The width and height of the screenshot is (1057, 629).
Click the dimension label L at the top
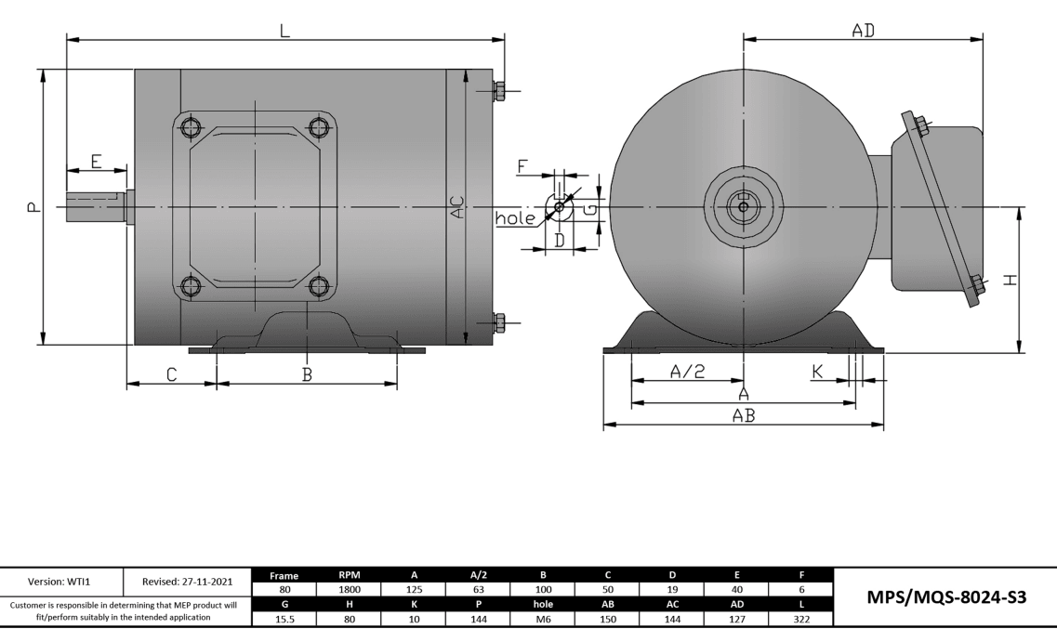pyautogui.click(x=284, y=30)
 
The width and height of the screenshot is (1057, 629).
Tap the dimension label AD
pyautogui.click(x=864, y=30)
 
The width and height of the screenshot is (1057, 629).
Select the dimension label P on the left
pyautogui.click(x=33, y=206)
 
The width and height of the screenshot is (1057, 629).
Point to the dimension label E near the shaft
pyautogui.click(x=97, y=160)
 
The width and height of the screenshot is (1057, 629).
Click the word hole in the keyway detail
pyautogui.click(x=515, y=218)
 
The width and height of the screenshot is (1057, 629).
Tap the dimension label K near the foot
pyautogui.click(x=817, y=371)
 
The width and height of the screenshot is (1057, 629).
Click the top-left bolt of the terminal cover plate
pyautogui.click(x=191, y=127)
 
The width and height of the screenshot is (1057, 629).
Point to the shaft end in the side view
pyautogui.click(x=93, y=206)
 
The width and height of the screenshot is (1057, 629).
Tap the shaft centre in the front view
pyautogui.click(x=743, y=206)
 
